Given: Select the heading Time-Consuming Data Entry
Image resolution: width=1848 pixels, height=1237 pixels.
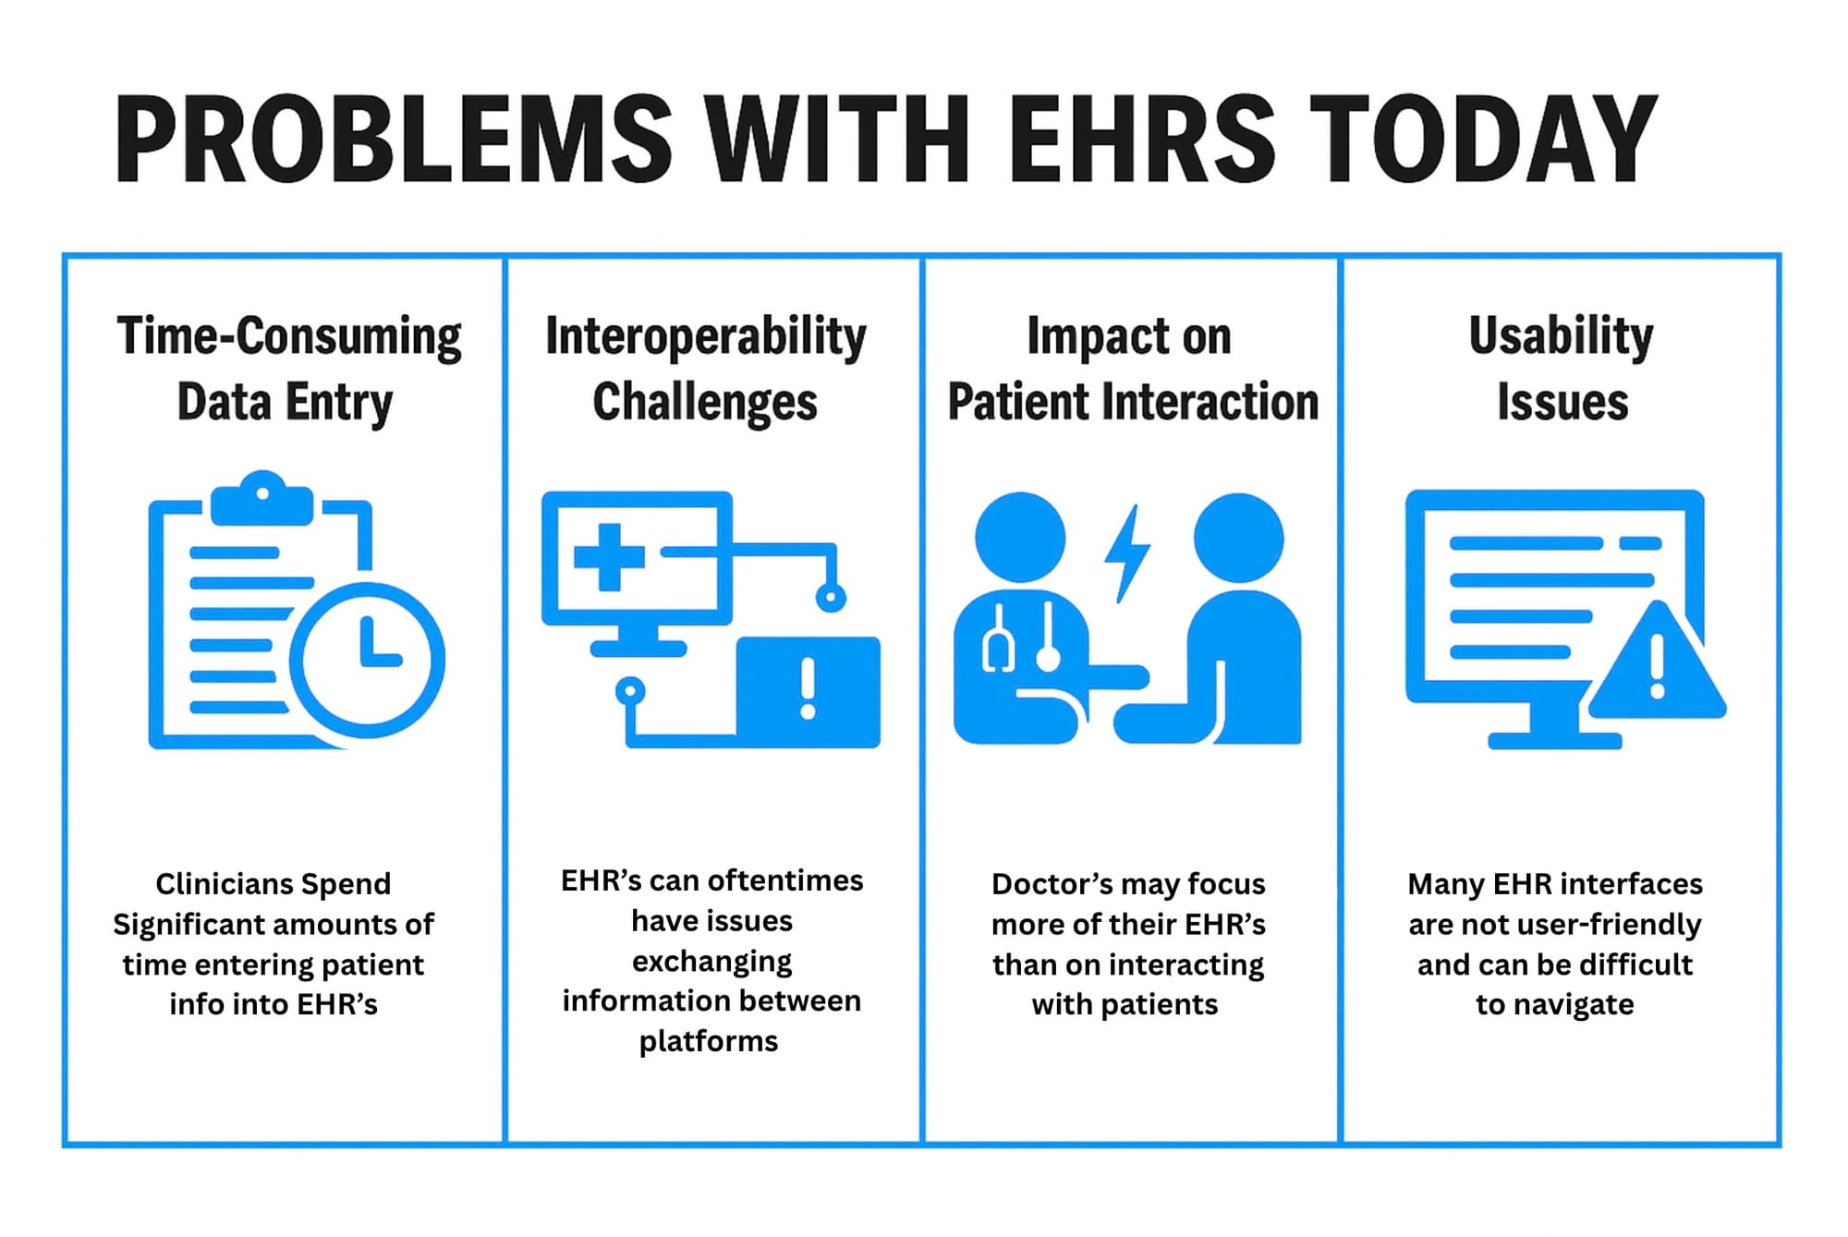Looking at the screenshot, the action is [288, 370].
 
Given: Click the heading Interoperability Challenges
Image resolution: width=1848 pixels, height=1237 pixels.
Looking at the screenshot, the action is [706, 370].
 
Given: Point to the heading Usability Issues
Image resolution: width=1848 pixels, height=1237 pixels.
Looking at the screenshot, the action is [1562, 369].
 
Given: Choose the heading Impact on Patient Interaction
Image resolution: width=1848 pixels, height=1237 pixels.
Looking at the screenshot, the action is [1133, 369].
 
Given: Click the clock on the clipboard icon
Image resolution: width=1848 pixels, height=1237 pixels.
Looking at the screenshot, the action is [368, 660].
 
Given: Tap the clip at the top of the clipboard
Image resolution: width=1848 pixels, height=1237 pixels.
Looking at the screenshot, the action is [262, 498].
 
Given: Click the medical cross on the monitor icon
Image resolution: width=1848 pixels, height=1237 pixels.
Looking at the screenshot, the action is [609, 556].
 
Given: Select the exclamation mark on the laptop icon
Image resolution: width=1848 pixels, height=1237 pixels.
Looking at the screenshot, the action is [808, 688].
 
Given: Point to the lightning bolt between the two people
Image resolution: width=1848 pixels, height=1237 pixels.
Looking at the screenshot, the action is [1127, 553].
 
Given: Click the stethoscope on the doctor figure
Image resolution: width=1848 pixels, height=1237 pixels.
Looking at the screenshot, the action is [1021, 637].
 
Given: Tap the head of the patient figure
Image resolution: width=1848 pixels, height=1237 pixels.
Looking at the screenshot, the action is [1238, 538].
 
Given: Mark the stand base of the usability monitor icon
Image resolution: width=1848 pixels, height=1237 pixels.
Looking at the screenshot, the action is [1554, 740].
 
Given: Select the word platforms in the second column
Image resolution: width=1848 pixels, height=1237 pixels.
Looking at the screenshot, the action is [709, 1042].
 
